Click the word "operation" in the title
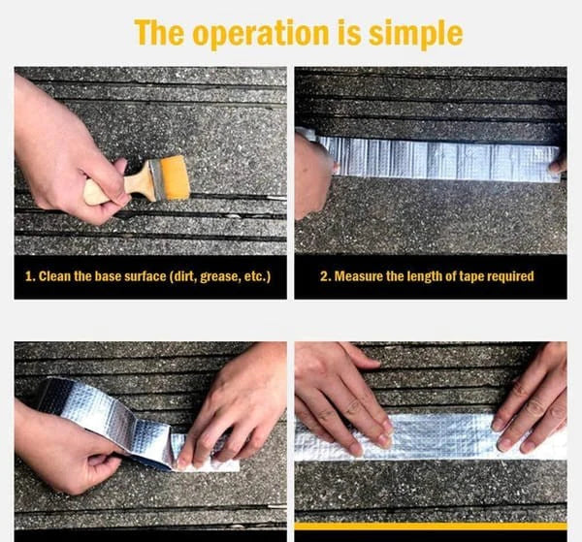pos(261,34)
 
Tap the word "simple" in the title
pos(415,34)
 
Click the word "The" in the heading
pos(159,32)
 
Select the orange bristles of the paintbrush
pos(176,177)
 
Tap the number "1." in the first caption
pos(30,276)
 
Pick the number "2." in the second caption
pos(325,276)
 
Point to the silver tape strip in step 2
pos(438,158)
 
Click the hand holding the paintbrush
pos(67,152)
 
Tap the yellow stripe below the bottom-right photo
pos(431,526)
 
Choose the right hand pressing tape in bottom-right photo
pos(531,400)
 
